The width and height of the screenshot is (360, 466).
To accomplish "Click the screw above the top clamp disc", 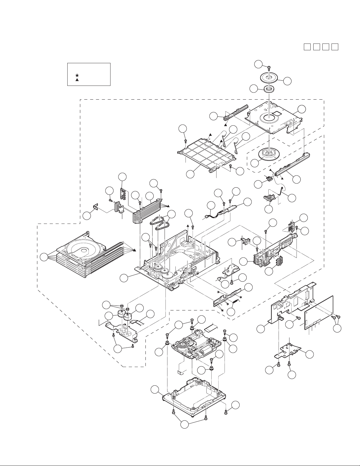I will pyautogui.click(x=269, y=68).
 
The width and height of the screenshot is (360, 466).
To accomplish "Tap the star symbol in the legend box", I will pyautogui.click(x=77, y=75).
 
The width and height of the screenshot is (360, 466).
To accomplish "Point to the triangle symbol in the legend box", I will pyautogui.click(x=77, y=80).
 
